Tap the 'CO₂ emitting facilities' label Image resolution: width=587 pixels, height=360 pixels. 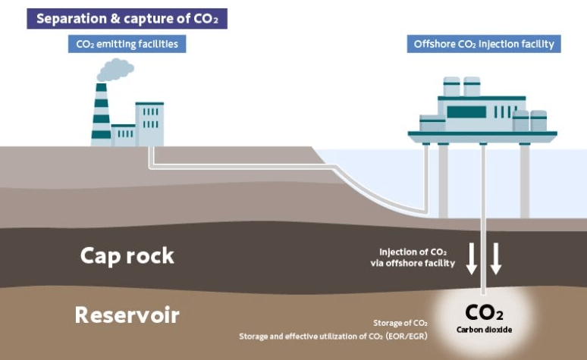point(127,44)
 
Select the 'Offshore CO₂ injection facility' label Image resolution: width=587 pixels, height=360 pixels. point(484,44)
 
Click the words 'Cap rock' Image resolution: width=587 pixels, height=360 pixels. point(127,255)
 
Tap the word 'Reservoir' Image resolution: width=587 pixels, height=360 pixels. point(127,314)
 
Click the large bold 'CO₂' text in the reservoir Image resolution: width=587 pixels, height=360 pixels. point(484,312)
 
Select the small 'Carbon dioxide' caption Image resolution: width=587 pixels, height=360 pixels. point(483,330)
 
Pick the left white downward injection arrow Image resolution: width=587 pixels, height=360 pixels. point(472,258)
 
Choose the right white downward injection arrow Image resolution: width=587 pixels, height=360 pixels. point(496,258)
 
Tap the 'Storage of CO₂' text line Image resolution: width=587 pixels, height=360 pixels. point(400,322)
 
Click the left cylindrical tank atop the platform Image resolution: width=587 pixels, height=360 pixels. point(452,86)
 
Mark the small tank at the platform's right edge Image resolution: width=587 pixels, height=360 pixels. point(539,120)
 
